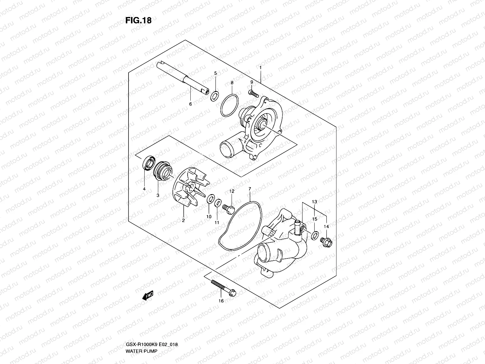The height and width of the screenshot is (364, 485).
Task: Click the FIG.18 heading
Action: (x=138, y=20)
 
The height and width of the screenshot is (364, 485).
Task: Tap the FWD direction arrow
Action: (x=148, y=295)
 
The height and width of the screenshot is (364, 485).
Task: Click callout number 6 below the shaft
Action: (x=190, y=104)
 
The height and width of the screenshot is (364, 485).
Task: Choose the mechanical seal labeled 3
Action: (x=161, y=170)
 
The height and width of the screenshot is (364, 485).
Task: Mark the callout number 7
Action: (x=250, y=189)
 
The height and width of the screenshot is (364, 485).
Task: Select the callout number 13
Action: (x=314, y=202)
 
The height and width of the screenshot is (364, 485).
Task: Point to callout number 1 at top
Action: (x=260, y=67)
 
